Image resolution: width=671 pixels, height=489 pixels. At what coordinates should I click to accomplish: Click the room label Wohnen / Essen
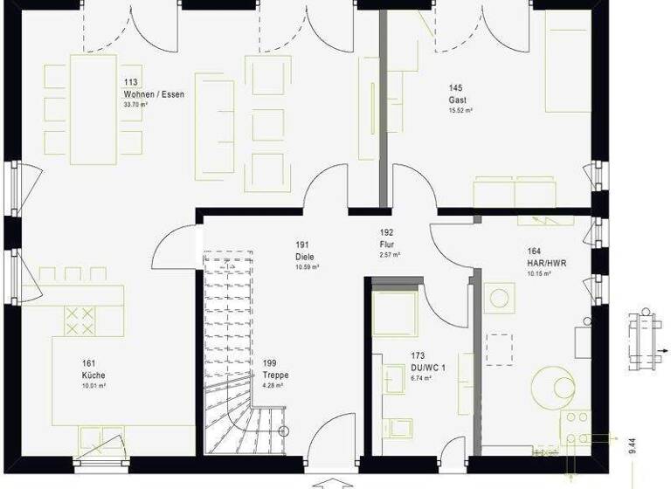[x=154, y=93]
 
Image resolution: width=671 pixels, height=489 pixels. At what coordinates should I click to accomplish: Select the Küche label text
[x=93, y=375]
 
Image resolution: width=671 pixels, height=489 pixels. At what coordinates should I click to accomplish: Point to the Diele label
[x=304, y=257]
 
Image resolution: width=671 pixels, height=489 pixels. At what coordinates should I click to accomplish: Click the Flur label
[x=387, y=244]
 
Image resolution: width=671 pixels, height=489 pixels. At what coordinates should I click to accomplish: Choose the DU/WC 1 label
[x=428, y=368]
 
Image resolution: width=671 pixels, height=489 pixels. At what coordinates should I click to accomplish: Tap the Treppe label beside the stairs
[x=274, y=375]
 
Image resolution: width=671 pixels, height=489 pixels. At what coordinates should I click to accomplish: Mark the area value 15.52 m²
[x=460, y=111]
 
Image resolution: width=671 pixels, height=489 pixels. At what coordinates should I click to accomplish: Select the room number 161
[x=88, y=363]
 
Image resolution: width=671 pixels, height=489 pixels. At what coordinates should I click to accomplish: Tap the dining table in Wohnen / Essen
[x=93, y=109]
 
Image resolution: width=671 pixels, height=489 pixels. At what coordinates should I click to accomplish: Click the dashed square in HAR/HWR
[x=501, y=348]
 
